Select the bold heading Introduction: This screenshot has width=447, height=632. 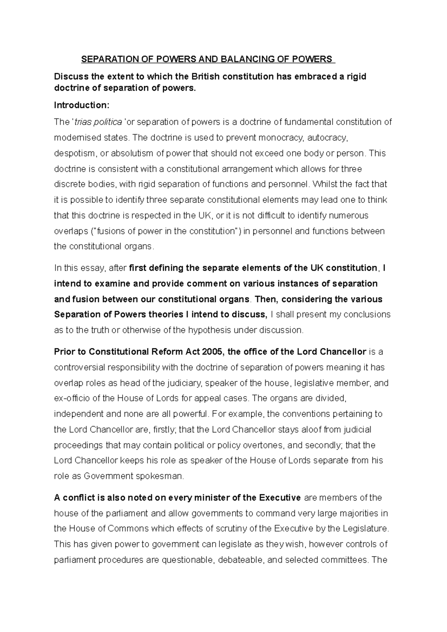click(82, 105)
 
